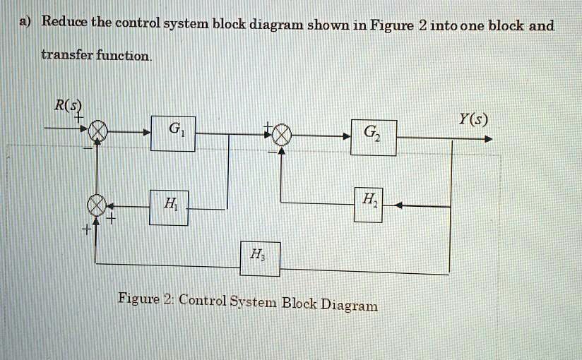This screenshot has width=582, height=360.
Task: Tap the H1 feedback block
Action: pos(169,208)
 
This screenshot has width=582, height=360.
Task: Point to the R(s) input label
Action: pos(69,107)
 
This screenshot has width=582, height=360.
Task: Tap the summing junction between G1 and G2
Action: pos(281,134)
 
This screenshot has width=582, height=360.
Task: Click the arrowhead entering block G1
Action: pos(146,132)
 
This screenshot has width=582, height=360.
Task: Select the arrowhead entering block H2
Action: pos(398,205)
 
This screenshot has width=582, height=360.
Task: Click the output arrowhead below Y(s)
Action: pos(487,139)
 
